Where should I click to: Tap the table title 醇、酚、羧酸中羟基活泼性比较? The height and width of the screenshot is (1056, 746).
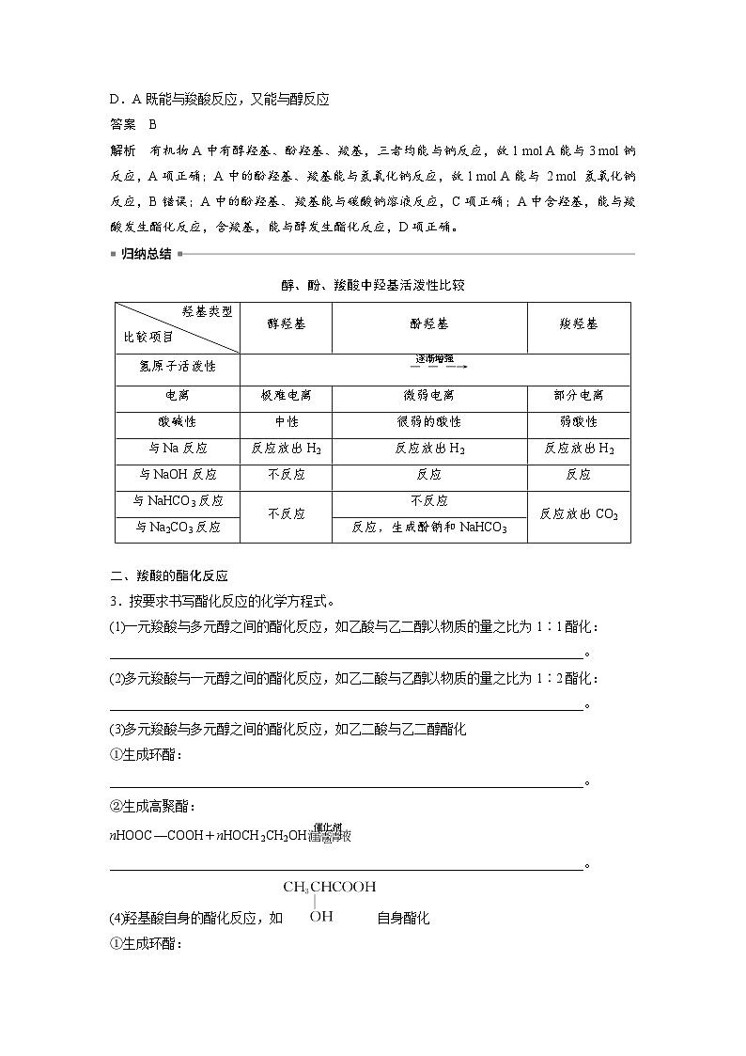pyautogui.click(x=373, y=286)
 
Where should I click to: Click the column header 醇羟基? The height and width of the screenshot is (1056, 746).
pyautogui.click(x=286, y=323)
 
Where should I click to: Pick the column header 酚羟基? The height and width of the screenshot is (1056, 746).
pyautogui.click(x=428, y=323)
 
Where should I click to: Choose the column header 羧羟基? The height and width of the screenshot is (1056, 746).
pyautogui.click(x=578, y=323)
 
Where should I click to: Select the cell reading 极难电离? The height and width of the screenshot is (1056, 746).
pyautogui.click(x=286, y=396)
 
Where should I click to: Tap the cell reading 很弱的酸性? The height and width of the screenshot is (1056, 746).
pyautogui.click(x=428, y=422)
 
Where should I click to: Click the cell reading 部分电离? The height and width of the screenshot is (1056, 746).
pyautogui.click(x=578, y=396)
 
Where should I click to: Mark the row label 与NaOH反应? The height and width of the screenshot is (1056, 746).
pyautogui.click(x=177, y=475)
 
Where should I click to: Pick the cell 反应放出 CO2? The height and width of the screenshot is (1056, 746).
pyautogui.click(x=578, y=514)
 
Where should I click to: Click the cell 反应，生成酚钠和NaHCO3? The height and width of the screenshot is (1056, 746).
pyautogui.click(x=428, y=528)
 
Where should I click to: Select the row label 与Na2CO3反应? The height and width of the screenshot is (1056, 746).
pyautogui.click(x=177, y=528)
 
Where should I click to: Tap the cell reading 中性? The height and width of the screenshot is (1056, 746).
pyautogui.click(x=286, y=422)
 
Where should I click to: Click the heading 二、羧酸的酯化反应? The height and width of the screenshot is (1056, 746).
pyautogui.click(x=169, y=576)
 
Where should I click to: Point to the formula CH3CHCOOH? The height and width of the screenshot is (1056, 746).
pyautogui.click(x=329, y=886)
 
